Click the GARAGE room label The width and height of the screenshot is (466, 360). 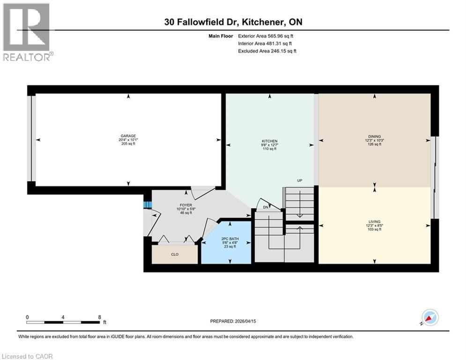tap(127, 136)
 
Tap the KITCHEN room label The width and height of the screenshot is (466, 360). tap(269, 141)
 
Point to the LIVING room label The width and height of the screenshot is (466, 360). tap(374, 221)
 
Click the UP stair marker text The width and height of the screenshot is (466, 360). tap(299, 180)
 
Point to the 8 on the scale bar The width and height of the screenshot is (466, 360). tap(99, 317)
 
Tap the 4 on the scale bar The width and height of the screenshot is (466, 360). tap(63, 317)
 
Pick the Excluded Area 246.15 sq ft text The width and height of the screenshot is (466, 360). tap(267, 51)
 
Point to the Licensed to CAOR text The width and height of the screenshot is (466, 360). tap(28, 356)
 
